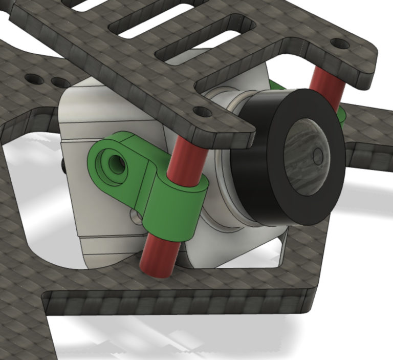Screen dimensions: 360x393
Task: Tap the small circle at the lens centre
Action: tap(318, 156)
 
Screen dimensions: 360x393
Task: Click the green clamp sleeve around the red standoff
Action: tap(174, 207)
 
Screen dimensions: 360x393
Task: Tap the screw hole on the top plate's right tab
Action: tap(340, 44)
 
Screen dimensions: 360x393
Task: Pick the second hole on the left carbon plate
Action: tap(60, 82)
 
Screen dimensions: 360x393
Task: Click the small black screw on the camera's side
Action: tap(63, 165)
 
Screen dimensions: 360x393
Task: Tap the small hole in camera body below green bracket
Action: tap(136, 219)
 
